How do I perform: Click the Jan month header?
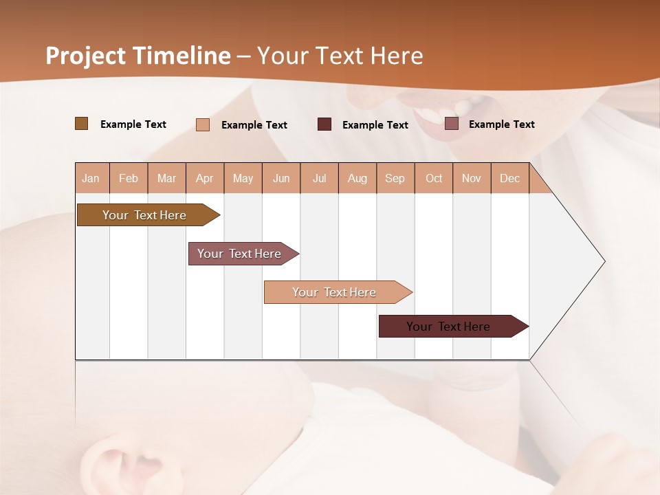pyautogui.click(x=91, y=178)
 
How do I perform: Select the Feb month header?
pyautogui.click(x=129, y=178)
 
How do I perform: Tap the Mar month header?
pyautogui.click(x=166, y=178)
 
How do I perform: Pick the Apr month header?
pyautogui.click(x=205, y=178)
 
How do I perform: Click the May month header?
pyautogui.click(x=243, y=178)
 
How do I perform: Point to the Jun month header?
pyautogui.click(x=281, y=178)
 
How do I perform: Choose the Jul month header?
pyautogui.click(x=320, y=178)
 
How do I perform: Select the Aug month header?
pyautogui.click(x=357, y=178)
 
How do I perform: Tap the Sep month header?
pyautogui.click(x=395, y=178)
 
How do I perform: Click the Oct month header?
pyautogui.click(x=434, y=178)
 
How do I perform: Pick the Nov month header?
pyautogui.click(x=472, y=178)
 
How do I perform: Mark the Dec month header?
pyautogui.click(x=510, y=178)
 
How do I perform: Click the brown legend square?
pyautogui.click(x=82, y=124)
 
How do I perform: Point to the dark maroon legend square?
pyautogui.click(x=324, y=124)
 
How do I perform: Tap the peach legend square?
pyautogui.click(x=203, y=124)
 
